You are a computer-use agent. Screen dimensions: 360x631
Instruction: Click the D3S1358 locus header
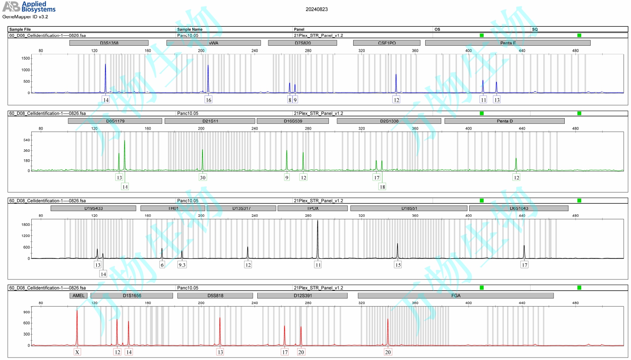click(109, 43)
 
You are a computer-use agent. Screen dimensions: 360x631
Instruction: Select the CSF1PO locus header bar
click(387, 43)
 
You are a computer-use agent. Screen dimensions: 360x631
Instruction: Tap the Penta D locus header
click(504, 121)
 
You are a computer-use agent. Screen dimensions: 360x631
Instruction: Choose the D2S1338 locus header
click(389, 121)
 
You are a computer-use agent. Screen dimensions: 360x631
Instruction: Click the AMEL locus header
click(78, 295)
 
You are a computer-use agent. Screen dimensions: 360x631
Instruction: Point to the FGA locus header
click(455, 295)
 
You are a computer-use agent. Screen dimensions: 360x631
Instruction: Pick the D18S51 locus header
click(409, 208)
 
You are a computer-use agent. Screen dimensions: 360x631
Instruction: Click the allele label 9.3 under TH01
click(182, 265)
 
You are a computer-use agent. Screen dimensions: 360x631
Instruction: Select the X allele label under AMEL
click(77, 352)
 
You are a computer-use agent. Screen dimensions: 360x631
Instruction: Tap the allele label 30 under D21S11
click(203, 178)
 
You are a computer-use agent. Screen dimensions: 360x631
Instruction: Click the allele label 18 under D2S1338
click(382, 187)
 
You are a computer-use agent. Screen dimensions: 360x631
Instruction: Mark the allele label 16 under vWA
click(208, 100)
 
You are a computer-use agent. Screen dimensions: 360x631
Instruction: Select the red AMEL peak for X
click(77, 325)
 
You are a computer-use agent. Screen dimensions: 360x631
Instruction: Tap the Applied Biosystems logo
click(29, 7)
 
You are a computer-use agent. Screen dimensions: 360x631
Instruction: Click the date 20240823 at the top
click(317, 9)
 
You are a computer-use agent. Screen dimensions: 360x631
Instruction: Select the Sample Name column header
click(190, 29)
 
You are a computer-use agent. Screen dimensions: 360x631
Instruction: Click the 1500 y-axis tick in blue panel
click(26, 58)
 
